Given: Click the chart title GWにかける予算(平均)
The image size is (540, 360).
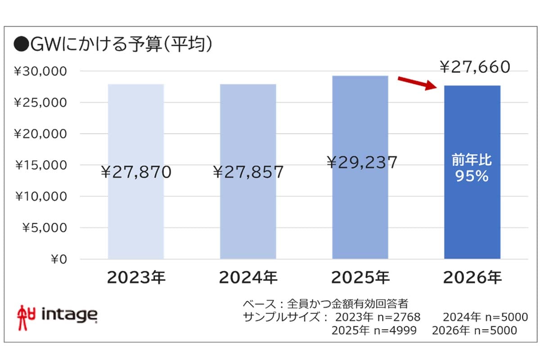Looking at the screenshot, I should click(x=113, y=45).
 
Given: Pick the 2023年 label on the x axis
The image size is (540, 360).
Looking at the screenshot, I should click(x=136, y=278).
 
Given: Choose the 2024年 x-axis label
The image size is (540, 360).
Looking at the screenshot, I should click(x=248, y=278).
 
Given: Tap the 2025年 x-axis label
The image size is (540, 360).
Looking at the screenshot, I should click(x=360, y=278).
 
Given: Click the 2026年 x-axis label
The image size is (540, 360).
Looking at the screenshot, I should click(x=472, y=278).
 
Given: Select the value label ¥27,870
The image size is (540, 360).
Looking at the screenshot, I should click(x=136, y=172).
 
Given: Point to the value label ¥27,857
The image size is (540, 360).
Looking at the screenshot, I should click(x=248, y=172).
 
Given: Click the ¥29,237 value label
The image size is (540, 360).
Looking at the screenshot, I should click(x=362, y=162).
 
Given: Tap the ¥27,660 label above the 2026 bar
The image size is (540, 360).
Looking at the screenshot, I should click(x=474, y=67).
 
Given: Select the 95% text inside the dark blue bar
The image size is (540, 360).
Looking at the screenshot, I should click(x=472, y=177).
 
